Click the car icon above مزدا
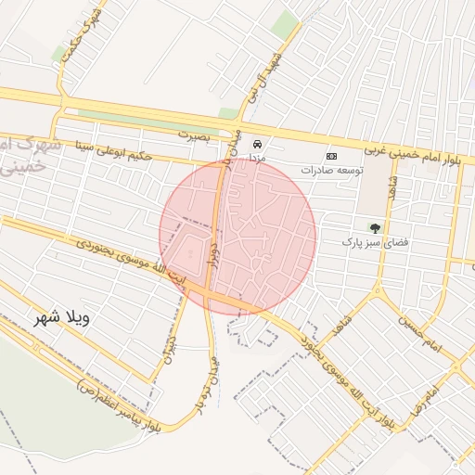point(258,144)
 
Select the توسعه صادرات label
point(332,170)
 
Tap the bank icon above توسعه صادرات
point(331,156)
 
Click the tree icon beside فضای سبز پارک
point(375,227)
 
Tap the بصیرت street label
point(195,135)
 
